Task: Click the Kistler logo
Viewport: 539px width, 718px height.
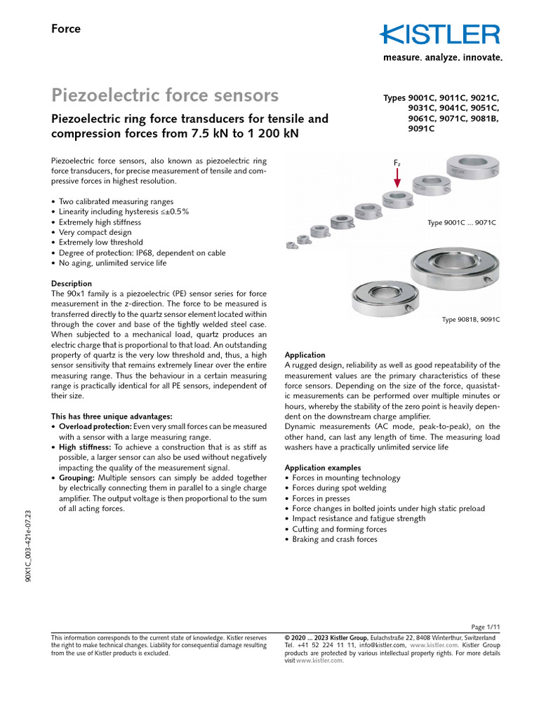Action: [x=440, y=35]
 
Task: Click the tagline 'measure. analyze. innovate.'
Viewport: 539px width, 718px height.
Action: [x=442, y=58]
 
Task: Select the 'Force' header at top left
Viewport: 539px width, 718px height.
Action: [x=66, y=29]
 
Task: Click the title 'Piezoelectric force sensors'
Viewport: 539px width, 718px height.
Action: [x=165, y=95]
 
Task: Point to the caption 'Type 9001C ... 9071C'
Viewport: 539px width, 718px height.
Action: [x=461, y=223]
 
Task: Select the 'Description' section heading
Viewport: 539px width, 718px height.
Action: [x=72, y=284]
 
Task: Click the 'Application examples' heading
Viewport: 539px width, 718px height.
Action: [x=323, y=467]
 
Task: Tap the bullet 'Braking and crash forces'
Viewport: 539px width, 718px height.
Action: [x=334, y=539]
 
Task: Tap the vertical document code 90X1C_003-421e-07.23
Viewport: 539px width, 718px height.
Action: [x=28, y=547]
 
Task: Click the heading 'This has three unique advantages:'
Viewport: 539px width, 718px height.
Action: [x=112, y=416]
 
